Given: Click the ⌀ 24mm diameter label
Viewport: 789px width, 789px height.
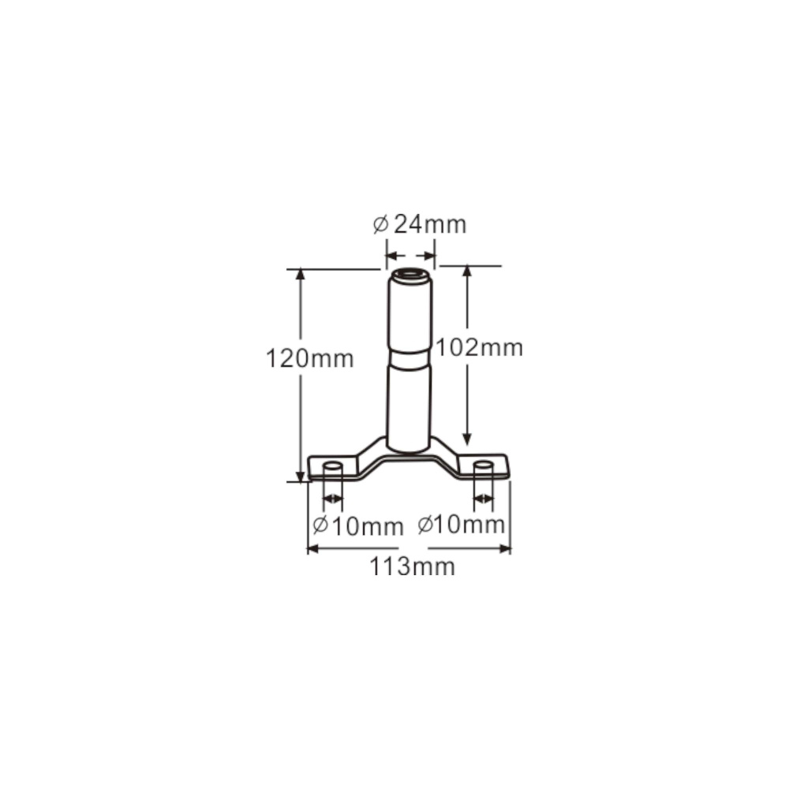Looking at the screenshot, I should [420, 225].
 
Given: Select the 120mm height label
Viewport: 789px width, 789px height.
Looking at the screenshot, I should [309, 359].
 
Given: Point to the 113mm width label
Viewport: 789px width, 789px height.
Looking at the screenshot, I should [413, 567].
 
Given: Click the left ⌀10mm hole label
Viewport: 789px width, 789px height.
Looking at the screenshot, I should [357, 525].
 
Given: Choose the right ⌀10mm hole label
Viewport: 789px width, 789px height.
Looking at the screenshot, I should [461, 524].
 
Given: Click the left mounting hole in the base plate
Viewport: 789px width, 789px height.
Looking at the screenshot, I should [333, 466].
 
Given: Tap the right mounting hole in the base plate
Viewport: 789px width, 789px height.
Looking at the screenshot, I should [483, 466].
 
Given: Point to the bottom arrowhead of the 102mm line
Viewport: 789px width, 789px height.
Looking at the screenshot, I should [467, 439].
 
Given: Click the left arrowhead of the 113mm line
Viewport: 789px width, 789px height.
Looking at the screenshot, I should [312, 548].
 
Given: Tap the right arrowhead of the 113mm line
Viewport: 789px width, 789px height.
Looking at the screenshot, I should [505, 548].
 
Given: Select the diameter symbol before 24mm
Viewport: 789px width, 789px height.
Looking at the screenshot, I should [380, 226].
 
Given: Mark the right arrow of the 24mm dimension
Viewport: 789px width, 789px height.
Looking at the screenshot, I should [430, 256].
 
